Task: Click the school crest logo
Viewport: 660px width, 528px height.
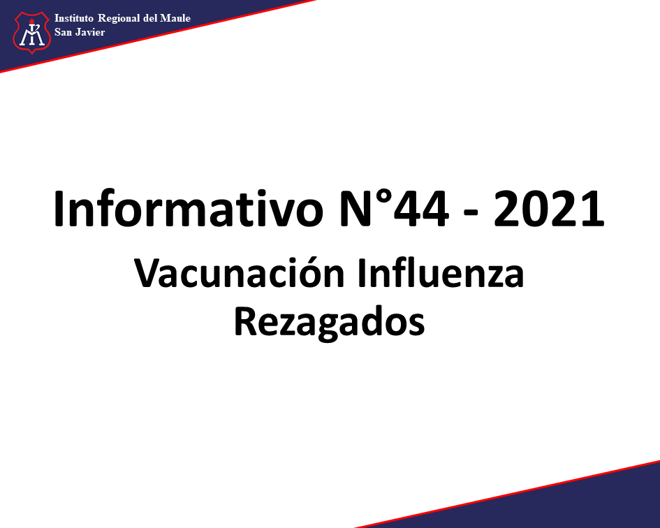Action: pos(32,33)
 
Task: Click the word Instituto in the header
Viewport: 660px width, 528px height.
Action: pos(74,18)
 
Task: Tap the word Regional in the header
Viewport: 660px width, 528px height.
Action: pos(119,19)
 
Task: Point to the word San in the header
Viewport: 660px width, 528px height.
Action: pos(63,32)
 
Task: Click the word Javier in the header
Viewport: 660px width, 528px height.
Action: pos(90,32)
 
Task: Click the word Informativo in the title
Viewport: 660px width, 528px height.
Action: pos(189,209)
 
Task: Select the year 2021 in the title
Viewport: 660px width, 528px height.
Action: pos(549,209)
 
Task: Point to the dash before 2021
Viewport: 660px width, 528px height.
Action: pos(471,214)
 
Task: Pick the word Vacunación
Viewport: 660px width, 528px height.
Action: pos(240,273)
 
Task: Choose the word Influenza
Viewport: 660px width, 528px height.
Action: pos(441,273)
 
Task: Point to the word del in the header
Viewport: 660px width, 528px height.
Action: pos(150,18)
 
